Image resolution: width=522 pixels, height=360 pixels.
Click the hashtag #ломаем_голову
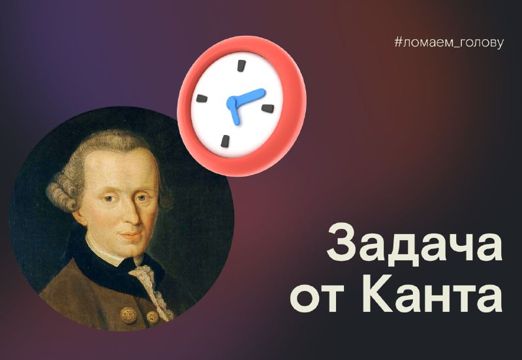pyautogui.click(x=449, y=43)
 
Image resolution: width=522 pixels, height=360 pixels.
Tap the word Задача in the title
pyautogui.click(x=414, y=243)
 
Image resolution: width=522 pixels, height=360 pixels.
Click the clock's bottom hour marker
pyautogui.click(x=225, y=141)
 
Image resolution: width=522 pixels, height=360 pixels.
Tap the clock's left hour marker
pyautogui.click(x=202, y=98)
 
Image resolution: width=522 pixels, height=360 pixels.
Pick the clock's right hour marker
pyautogui.click(x=268, y=108)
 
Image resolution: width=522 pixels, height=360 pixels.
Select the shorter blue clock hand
pyautogui.click(x=234, y=113)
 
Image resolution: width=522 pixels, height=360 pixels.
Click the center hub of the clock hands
pyautogui.click(x=232, y=102)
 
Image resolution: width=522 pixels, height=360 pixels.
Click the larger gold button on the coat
pyautogui.click(x=129, y=315)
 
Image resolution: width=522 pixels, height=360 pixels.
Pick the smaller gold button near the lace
pyautogui.click(x=153, y=317)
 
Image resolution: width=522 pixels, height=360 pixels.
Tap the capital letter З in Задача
pyautogui.click(x=341, y=243)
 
